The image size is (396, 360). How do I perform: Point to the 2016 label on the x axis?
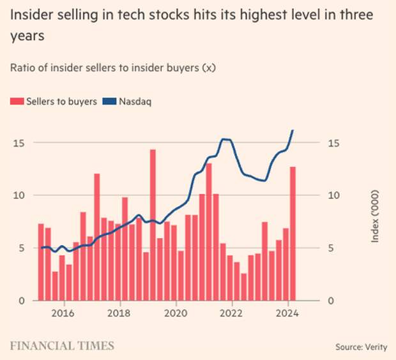(x=61, y=313)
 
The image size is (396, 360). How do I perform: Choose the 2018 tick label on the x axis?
(x=118, y=313)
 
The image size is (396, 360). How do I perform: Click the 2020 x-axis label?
(x=174, y=313)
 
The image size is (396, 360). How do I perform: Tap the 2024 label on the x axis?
(x=287, y=313)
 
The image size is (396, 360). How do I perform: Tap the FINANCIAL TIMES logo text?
(x=62, y=345)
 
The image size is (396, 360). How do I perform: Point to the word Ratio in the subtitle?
(x=23, y=67)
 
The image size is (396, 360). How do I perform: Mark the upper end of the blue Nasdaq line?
(x=293, y=130)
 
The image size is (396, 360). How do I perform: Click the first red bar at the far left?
(x=41, y=262)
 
